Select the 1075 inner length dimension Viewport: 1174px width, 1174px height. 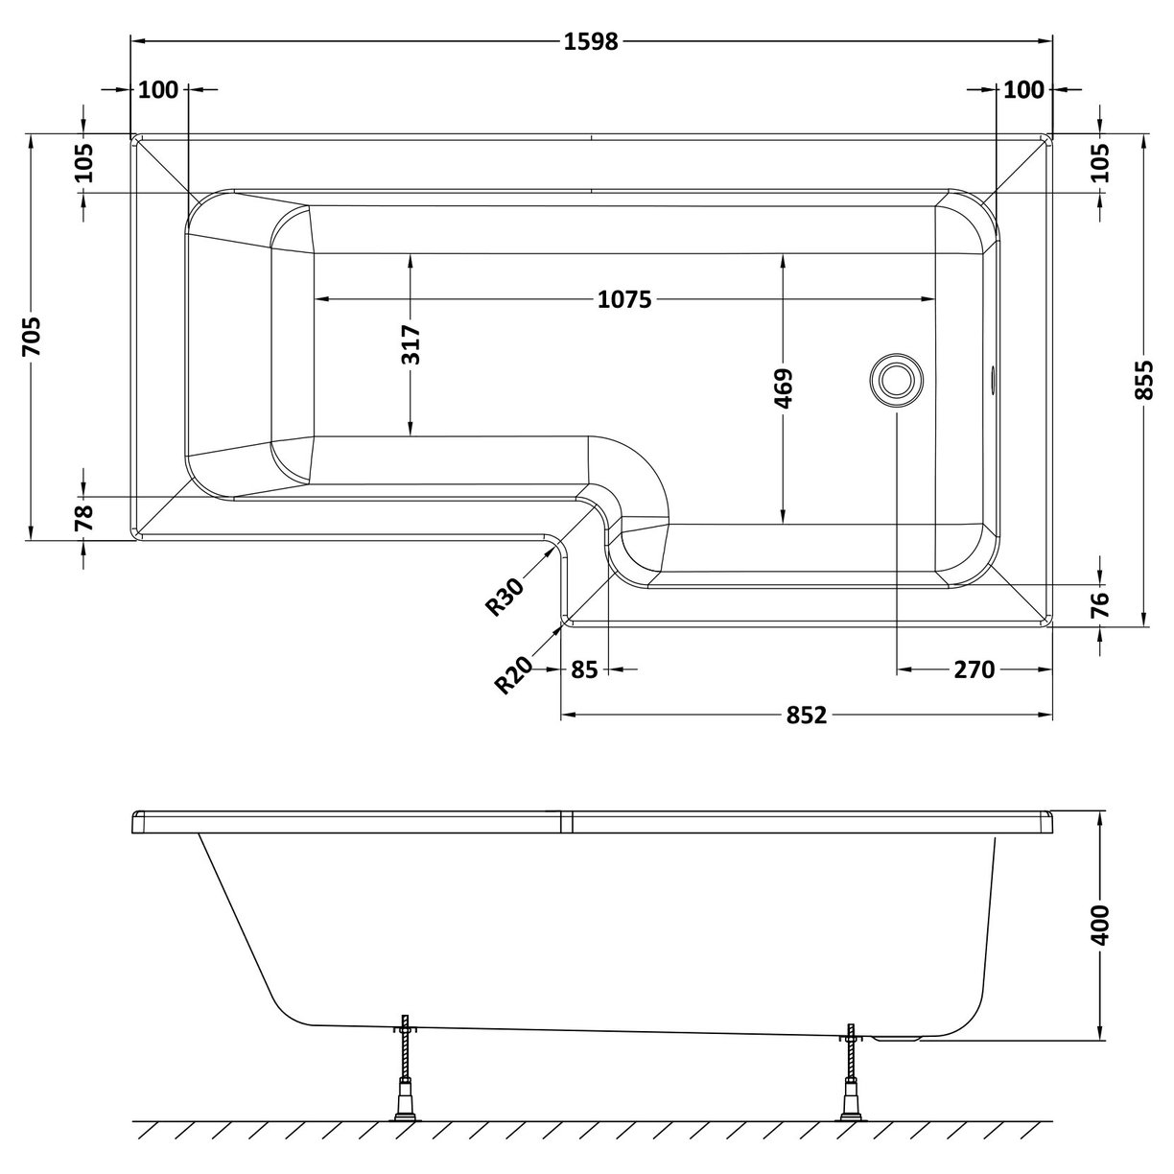tap(624, 300)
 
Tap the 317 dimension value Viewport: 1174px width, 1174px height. tap(411, 345)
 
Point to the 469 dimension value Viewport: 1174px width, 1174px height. tap(784, 388)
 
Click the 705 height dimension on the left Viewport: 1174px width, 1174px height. tap(33, 337)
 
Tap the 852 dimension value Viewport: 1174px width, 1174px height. tap(807, 716)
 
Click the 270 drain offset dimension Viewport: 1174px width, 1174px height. tap(974, 669)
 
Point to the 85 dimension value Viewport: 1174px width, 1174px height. tap(583, 669)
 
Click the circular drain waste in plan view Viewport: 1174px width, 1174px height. tap(896, 379)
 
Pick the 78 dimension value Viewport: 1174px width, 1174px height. tap(84, 518)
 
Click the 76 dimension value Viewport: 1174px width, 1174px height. tap(1100, 603)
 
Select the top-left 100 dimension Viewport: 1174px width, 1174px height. tap(158, 90)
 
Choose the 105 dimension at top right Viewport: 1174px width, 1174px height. tap(1100, 163)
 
